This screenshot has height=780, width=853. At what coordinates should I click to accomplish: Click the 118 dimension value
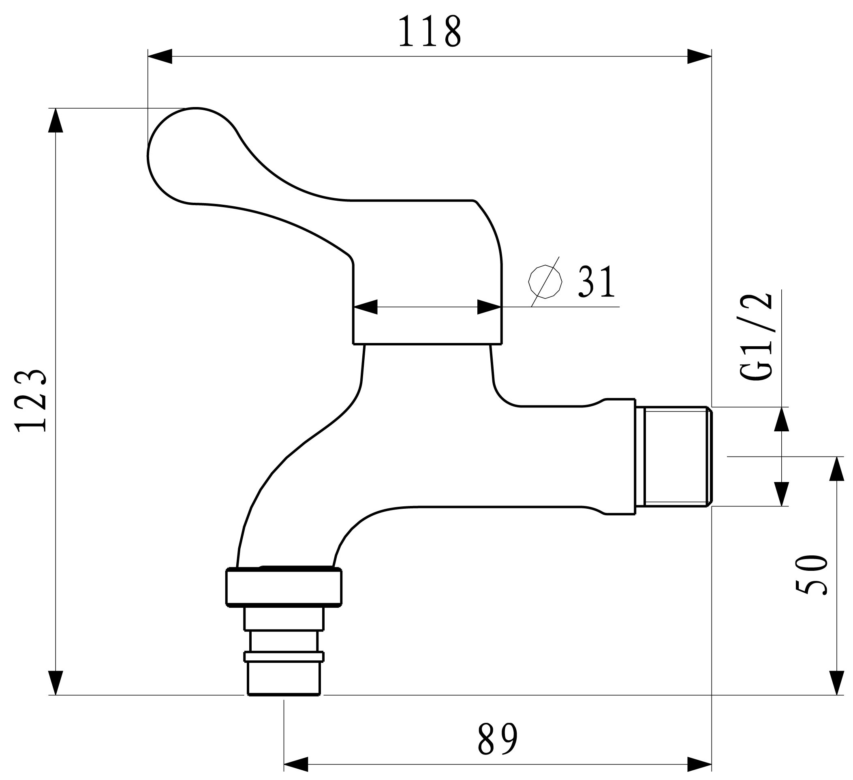coord(429,31)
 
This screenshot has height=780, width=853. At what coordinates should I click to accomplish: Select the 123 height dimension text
coord(30,401)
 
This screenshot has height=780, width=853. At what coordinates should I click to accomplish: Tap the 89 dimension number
coord(498,739)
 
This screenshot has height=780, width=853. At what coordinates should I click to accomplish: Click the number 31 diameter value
coord(596,282)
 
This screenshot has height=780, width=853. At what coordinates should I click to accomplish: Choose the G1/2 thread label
coord(757,337)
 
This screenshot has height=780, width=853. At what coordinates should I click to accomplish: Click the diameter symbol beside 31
coord(545,282)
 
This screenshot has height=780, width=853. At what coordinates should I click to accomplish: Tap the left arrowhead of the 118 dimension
coord(160,56)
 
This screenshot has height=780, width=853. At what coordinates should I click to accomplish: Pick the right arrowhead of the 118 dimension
coord(699,56)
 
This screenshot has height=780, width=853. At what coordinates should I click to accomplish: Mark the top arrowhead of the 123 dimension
coord(56,121)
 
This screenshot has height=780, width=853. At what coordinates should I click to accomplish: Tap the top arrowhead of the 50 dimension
coord(837,469)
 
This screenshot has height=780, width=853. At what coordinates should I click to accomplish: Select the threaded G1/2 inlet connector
coord(675,456)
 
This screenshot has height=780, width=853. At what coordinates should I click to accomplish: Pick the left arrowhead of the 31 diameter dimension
coord(366,307)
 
